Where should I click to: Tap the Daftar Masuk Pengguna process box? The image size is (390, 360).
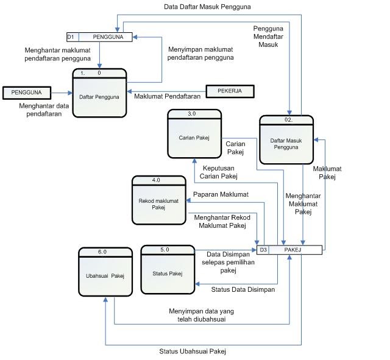coord(286,140)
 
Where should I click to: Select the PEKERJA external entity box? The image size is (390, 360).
coord(229,91)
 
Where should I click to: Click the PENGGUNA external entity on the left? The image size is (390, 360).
coord(26,93)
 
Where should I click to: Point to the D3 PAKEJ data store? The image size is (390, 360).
coord(289,250)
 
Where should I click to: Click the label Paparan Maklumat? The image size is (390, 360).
coord(221,195)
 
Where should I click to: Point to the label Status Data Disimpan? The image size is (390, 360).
coord(243,290)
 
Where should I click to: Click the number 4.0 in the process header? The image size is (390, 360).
coord(155,180)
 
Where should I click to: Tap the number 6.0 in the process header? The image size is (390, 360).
coord(102,252)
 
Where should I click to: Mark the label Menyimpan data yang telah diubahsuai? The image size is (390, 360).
coord(201,314)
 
